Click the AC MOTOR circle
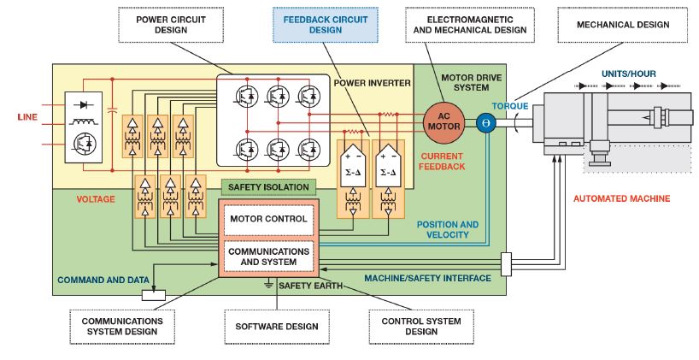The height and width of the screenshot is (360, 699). [x=442, y=121]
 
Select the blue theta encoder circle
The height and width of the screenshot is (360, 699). [x=487, y=122]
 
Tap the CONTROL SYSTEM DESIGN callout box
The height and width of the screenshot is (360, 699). [x=420, y=326]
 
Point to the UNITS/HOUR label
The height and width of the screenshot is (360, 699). [x=627, y=74]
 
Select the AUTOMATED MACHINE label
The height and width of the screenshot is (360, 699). [x=621, y=199]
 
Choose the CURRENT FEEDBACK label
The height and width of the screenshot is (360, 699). [x=442, y=161]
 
